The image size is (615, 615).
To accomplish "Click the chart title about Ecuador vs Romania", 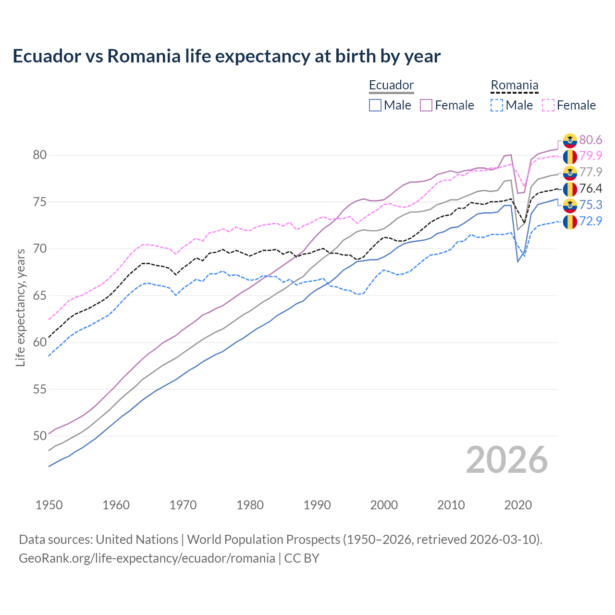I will coord(226,56).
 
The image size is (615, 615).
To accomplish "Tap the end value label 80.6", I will coord(590,140).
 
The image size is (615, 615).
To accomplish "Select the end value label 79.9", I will coord(590,156).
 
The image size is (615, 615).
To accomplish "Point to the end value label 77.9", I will coord(590,172).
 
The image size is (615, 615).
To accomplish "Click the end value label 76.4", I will coord(590,188).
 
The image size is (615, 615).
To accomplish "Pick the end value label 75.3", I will coord(590,205).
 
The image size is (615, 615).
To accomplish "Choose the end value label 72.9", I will coord(590,221).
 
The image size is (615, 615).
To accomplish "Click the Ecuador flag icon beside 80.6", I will coord(570,140).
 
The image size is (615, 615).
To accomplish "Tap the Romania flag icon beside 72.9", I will coord(570,221).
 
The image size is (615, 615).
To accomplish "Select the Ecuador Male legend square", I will coord(375,105).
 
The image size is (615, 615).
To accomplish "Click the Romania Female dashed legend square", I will coord(548,105).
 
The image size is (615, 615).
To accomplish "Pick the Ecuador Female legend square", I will coord(426,105).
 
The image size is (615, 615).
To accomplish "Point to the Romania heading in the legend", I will coord(514,86).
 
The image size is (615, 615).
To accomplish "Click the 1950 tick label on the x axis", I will coord(49,505).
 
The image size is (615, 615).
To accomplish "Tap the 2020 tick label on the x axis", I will coord(518,505).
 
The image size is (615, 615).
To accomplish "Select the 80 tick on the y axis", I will coord(40,155).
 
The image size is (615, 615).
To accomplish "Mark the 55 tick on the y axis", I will coord(40,389).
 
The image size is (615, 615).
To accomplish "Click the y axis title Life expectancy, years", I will coord(21,307).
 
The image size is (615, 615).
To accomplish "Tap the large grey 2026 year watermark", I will coord(507,460).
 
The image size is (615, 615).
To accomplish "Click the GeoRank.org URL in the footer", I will coord(147,558).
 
